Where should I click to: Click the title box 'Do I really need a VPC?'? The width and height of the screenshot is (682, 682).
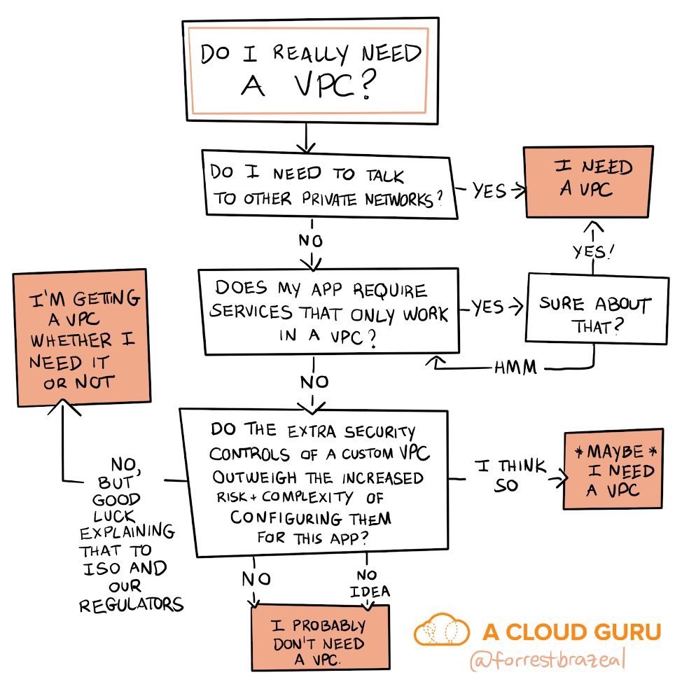(311, 71)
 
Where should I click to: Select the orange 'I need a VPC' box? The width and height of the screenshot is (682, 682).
(589, 182)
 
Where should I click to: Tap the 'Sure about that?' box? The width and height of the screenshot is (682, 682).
(597, 309)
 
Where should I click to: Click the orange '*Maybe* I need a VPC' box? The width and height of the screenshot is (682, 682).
(613, 469)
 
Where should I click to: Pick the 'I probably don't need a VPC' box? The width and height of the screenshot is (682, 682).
(321, 638)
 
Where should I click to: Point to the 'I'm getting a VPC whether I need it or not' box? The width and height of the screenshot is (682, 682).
(82, 338)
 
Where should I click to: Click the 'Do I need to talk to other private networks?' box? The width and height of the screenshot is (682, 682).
(330, 184)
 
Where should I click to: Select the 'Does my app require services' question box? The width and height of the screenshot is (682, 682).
(329, 312)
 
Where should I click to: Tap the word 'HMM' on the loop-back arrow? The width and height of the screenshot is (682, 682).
(515, 368)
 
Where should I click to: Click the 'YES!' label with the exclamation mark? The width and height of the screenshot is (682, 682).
(593, 251)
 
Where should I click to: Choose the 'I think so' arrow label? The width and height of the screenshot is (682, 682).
(509, 475)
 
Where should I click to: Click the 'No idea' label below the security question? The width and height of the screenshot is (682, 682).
(370, 583)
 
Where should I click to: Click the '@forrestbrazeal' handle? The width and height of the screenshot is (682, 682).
(548, 660)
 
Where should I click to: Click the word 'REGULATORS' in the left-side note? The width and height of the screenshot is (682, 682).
(131, 604)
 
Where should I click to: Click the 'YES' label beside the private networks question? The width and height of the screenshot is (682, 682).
(489, 190)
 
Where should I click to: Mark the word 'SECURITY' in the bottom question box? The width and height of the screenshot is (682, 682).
(380, 431)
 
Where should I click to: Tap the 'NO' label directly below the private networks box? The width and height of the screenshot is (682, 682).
(311, 240)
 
